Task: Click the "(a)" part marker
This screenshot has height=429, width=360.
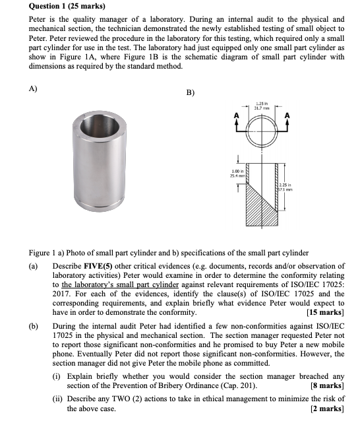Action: pos(34,266)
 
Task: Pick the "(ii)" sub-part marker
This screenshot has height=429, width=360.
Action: pos(58,399)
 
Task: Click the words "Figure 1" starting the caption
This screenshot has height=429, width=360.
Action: pos(43,253)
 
